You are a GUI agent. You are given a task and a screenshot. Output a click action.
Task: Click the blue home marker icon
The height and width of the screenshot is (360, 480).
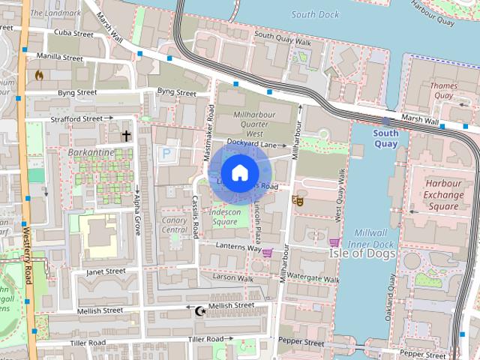(x=238, y=172)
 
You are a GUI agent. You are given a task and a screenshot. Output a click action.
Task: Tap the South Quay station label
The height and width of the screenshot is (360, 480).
(x=385, y=138)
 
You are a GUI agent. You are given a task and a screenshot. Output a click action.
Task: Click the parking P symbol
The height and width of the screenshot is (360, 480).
(x=166, y=153)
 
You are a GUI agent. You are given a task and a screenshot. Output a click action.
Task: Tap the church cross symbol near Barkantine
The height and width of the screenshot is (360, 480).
(x=126, y=136)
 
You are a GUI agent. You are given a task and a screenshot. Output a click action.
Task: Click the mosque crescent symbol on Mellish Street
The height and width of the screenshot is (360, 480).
(x=199, y=310)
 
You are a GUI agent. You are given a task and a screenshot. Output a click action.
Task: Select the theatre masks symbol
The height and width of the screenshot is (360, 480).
(x=298, y=201)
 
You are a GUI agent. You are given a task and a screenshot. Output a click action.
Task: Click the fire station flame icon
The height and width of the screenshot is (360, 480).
(x=39, y=75)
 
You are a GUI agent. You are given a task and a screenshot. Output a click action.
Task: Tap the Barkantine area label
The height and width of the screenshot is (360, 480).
(x=91, y=152)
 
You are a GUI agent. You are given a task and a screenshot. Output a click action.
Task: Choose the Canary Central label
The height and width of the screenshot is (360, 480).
(x=174, y=225)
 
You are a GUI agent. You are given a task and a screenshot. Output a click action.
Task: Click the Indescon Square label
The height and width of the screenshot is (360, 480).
(x=223, y=217)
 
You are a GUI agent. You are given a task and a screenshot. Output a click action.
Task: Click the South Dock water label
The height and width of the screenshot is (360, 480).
(x=315, y=14)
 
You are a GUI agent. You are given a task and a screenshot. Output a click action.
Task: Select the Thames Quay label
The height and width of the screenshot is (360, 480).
(x=443, y=91)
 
